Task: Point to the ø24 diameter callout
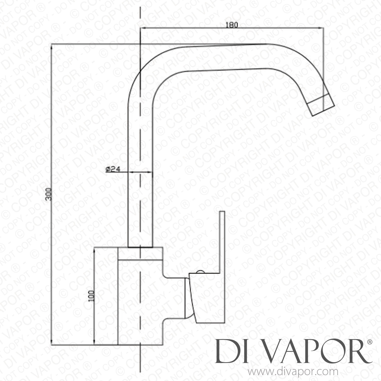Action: tap(113, 169)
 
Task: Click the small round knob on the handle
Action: tap(200, 272)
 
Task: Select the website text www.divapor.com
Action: tap(293, 372)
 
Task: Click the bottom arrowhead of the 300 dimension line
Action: tap(52, 343)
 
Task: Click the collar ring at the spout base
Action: tap(140, 253)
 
